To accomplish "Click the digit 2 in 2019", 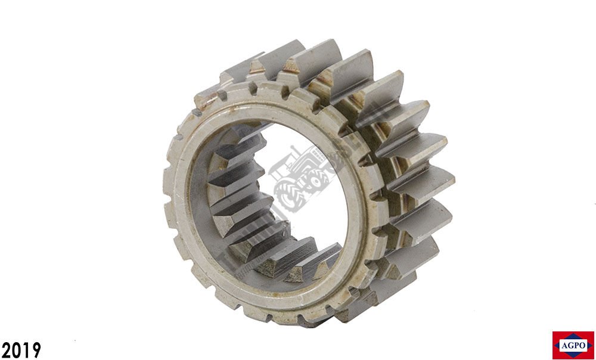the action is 6,350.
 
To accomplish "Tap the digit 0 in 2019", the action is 16,350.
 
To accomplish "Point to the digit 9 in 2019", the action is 35,350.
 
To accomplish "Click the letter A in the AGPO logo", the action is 564,346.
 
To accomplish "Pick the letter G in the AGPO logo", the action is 570,346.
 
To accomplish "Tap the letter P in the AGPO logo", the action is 576,346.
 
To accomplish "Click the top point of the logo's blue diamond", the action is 573,334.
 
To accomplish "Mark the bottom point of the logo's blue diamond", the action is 573,358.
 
